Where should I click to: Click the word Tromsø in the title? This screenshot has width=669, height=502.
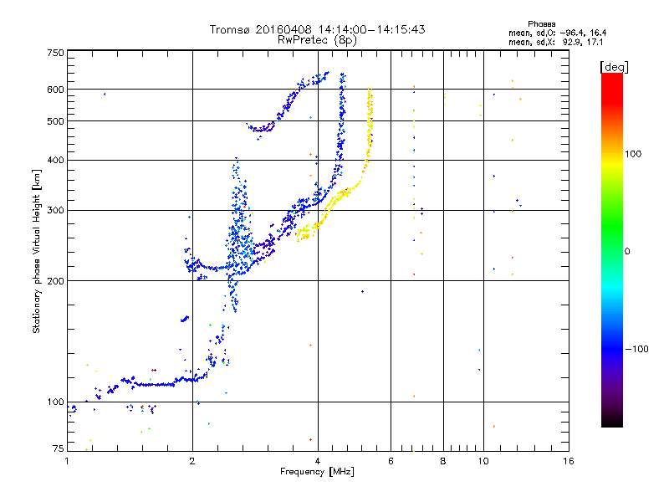click(x=231, y=29)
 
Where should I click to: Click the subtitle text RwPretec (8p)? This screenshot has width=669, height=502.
click(x=317, y=40)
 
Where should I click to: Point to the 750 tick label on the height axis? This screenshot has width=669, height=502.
click(x=55, y=53)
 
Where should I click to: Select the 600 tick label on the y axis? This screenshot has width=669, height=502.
click(x=55, y=90)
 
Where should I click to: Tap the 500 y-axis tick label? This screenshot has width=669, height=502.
click(x=55, y=121)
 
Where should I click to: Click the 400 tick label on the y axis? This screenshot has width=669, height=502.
click(x=55, y=160)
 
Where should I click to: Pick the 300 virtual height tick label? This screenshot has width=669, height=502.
click(x=55, y=210)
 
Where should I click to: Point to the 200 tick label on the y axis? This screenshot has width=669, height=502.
click(x=55, y=281)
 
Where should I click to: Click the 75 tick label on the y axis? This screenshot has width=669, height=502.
click(x=59, y=448)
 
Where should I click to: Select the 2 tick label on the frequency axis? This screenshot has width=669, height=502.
click(x=192, y=461)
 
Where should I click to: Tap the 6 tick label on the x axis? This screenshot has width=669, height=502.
click(x=391, y=461)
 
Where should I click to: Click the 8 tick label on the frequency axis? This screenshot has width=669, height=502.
click(x=443, y=461)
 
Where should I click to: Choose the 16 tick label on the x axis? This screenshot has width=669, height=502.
click(x=569, y=461)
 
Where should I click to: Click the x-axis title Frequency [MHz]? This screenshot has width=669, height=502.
click(x=317, y=472)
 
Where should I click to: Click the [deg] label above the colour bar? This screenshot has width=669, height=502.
click(x=614, y=67)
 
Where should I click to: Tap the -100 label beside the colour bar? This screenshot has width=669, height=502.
click(x=636, y=349)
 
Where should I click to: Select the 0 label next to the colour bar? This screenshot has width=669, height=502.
click(x=627, y=252)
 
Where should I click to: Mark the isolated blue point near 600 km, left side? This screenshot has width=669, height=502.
click(x=105, y=94)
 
